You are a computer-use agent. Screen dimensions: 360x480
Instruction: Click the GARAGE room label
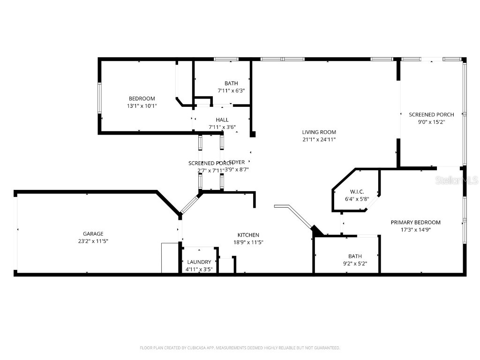point(93,234)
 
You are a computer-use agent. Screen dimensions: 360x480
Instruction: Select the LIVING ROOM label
point(319,132)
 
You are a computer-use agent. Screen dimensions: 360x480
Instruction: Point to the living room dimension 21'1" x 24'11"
point(319,139)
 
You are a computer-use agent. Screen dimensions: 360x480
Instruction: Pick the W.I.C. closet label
point(357,192)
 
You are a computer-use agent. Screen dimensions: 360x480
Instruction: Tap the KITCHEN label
point(248,235)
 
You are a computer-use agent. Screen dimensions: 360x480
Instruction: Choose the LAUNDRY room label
point(199,262)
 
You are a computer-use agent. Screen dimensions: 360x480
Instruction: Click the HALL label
point(222,120)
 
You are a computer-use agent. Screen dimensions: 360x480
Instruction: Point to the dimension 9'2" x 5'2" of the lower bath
point(354,263)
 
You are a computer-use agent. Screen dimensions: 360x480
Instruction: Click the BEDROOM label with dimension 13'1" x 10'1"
point(142,98)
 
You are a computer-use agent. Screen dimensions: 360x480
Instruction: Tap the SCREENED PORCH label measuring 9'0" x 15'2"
point(431,114)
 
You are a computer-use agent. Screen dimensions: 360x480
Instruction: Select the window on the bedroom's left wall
point(99,97)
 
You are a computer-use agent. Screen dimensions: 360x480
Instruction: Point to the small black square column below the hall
point(253,135)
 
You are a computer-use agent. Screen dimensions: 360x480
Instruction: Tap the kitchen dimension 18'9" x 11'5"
point(248,242)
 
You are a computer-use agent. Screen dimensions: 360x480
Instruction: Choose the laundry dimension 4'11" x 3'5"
point(199,269)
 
